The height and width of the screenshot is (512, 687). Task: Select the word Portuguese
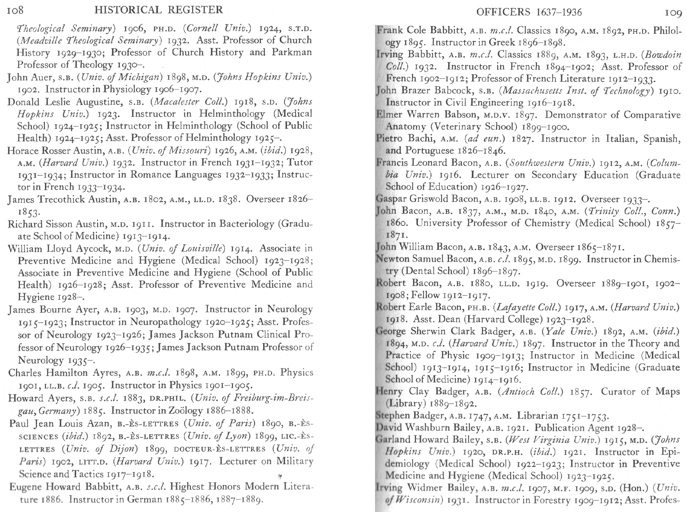point(429,150)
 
